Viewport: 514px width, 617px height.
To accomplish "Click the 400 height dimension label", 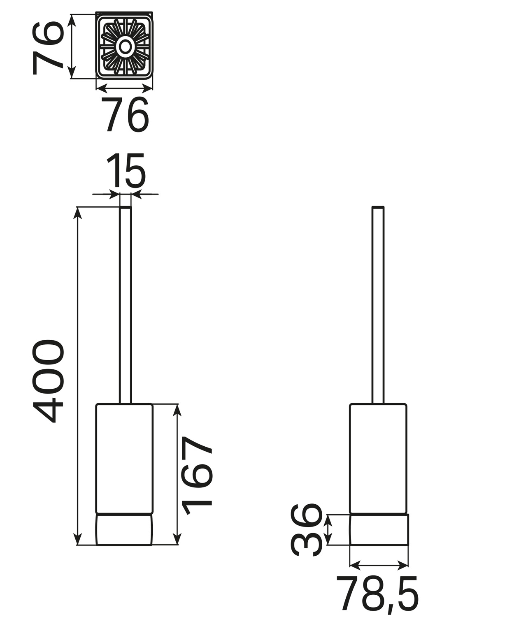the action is pyautogui.click(x=48, y=381).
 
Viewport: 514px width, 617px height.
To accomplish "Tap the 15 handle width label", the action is pyautogui.click(x=126, y=170).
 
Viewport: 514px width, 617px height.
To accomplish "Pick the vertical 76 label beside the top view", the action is pyautogui.click(x=47, y=48).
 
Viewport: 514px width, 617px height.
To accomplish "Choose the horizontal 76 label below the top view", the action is pyautogui.click(x=125, y=114).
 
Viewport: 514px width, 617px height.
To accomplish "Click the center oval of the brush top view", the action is pyautogui.click(x=126, y=47).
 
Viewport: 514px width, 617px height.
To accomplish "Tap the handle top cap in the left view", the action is pyautogui.click(x=126, y=208).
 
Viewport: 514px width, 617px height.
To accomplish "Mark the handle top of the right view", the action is pyautogui.click(x=378, y=208).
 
